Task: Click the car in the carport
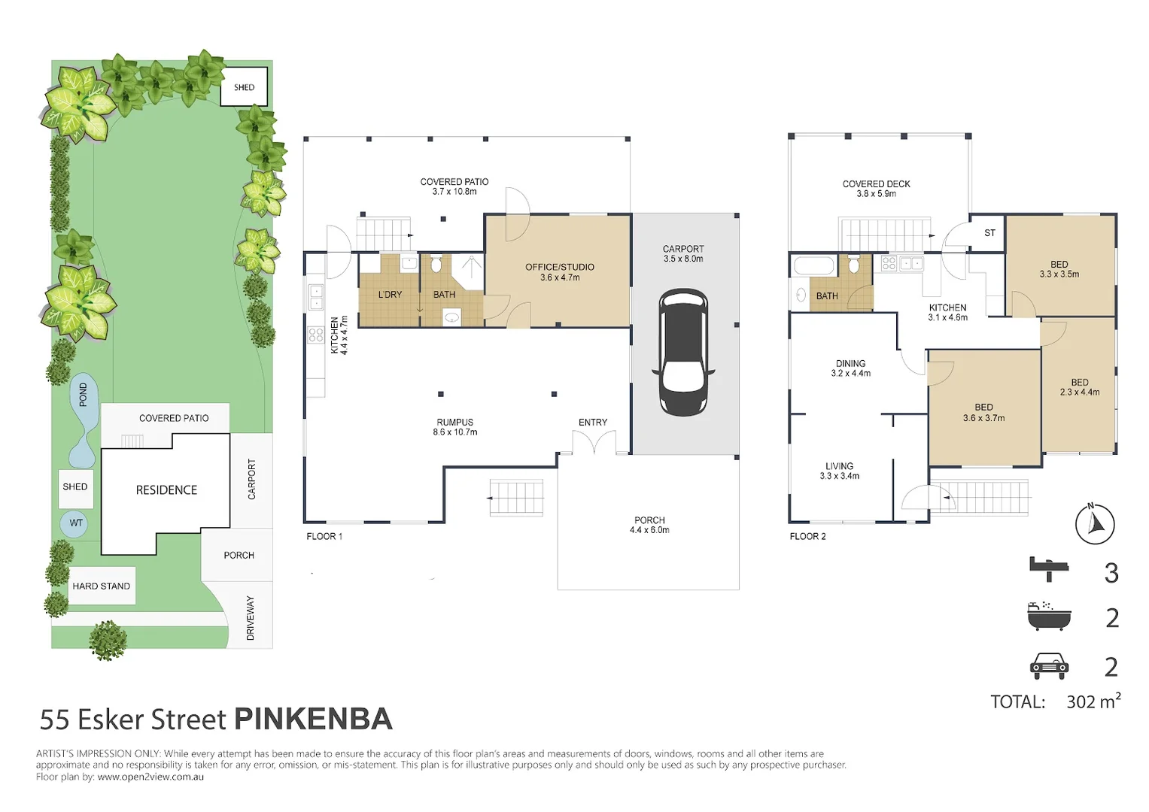tap(683, 352)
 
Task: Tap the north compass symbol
tap(1095, 523)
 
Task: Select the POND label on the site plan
tap(83, 394)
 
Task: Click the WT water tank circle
tap(76, 523)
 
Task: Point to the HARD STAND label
tap(101, 586)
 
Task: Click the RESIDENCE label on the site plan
tap(166, 490)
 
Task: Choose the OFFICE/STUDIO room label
tap(560, 267)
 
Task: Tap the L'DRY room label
tap(390, 295)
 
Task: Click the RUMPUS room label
tap(455, 423)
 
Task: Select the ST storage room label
tap(989, 233)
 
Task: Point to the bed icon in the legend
tap(1049, 570)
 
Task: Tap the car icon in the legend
tap(1049, 666)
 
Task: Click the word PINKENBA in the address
tap(314, 720)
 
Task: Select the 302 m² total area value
tap(1093, 701)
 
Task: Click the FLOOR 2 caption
tap(808, 537)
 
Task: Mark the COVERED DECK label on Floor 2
tap(876, 184)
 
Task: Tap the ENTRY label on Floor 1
tap(593, 423)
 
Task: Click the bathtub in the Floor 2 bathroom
tap(814, 267)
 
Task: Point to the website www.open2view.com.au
tap(150, 777)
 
